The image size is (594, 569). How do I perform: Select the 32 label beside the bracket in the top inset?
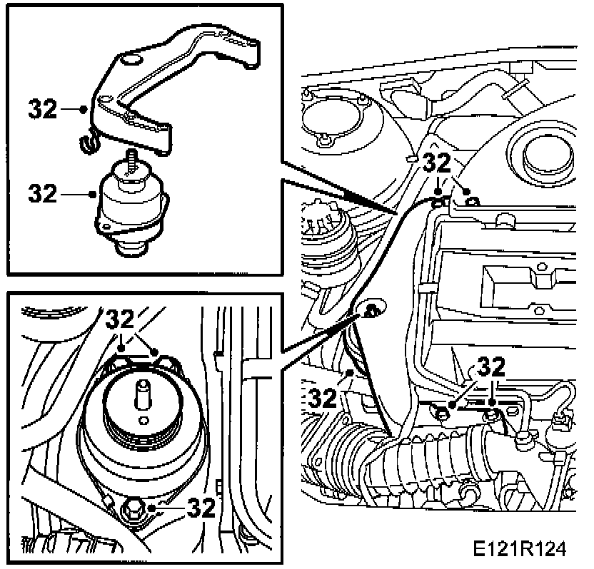42,109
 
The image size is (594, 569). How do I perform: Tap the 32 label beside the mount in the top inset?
42,193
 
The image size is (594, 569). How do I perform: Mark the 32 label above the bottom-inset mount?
124,319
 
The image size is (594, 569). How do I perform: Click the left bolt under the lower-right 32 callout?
443,412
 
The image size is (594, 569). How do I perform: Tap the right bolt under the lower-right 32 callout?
492,413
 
